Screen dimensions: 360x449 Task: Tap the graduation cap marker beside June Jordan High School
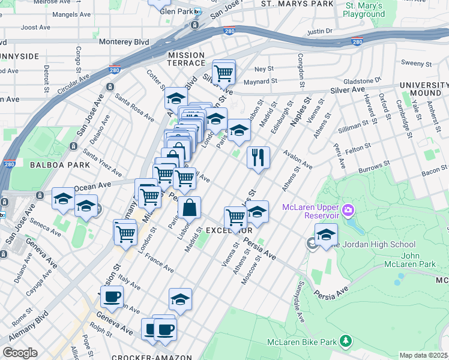tap(326, 235)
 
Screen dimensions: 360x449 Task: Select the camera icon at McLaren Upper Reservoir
tap(348, 211)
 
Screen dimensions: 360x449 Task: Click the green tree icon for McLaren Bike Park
tap(345, 341)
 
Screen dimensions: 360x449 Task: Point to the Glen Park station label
tap(173, 12)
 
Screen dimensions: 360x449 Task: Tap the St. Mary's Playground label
tap(364, 9)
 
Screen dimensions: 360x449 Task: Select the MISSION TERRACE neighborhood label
tap(186, 59)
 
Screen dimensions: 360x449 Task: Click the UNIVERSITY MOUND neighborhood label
tap(424, 89)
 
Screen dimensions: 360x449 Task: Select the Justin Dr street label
tap(319, 31)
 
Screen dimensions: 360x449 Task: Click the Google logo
tap(20, 352)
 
